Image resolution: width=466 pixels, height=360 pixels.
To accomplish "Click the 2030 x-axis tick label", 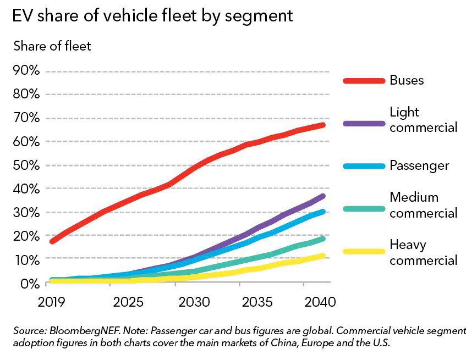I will coord(194,302).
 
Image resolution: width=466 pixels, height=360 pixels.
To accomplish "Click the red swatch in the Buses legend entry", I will coord(364,80).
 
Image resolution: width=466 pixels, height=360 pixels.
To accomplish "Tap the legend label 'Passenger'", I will coord(419,165).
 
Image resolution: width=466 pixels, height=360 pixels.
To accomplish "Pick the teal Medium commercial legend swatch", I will coord(364,208).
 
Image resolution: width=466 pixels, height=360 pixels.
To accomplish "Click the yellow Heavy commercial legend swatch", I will coord(364,251).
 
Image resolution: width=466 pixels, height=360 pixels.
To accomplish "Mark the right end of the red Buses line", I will coord(323,125).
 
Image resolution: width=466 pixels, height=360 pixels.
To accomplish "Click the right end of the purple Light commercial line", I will coord(323,196).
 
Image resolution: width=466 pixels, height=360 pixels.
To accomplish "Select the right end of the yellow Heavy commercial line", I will coord(323,256).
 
